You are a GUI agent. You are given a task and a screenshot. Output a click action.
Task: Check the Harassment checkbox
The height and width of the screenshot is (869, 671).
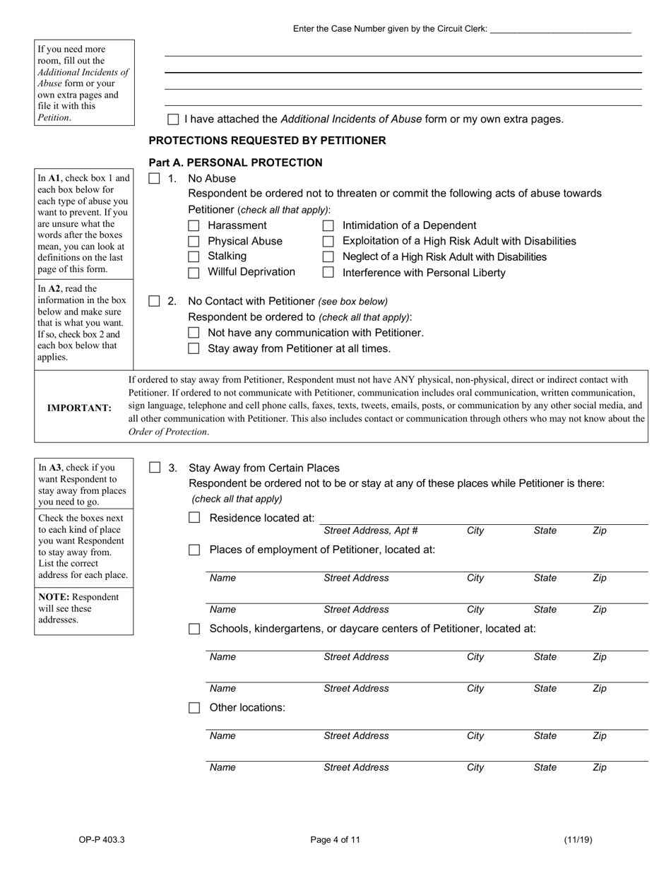(x=194, y=226)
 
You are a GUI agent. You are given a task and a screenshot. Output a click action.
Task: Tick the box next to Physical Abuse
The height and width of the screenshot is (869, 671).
(x=194, y=242)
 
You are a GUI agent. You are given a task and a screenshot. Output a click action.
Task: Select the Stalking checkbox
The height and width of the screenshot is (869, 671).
(x=194, y=257)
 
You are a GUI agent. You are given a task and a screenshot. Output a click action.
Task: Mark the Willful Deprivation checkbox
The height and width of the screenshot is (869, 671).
(x=194, y=273)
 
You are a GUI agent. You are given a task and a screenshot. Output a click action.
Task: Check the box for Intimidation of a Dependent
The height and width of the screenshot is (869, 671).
(x=328, y=226)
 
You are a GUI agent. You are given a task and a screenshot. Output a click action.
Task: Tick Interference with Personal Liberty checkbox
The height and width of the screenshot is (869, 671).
(x=328, y=273)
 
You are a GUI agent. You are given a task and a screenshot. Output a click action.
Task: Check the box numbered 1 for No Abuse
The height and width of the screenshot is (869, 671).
(x=155, y=179)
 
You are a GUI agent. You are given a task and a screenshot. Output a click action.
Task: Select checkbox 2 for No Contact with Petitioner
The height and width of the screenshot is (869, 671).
(x=155, y=301)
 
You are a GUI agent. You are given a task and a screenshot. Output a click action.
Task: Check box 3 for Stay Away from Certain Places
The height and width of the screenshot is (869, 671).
(x=155, y=468)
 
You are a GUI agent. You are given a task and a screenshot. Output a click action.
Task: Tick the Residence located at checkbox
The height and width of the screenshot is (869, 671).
(x=194, y=518)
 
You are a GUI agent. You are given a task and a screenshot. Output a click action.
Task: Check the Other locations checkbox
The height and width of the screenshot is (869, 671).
(x=194, y=708)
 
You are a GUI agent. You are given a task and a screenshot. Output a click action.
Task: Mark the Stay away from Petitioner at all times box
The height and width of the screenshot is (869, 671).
(x=194, y=348)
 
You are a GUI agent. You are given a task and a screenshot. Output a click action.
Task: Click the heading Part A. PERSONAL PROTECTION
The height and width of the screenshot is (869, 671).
(x=235, y=162)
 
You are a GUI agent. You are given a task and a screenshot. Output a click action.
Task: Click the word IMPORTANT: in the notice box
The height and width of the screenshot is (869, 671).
(x=79, y=408)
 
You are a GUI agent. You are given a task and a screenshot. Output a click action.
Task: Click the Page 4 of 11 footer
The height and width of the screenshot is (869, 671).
(x=335, y=840)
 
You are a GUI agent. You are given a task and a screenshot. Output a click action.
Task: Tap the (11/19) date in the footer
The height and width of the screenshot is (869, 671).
(x=578, y=840)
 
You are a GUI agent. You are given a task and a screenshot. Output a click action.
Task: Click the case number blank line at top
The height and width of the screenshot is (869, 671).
(x=559, y=29)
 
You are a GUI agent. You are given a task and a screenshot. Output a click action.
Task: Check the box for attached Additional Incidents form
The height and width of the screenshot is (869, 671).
(x=173, y=120)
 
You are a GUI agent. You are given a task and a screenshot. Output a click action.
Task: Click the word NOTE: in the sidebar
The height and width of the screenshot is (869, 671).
(x=54, y=597)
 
